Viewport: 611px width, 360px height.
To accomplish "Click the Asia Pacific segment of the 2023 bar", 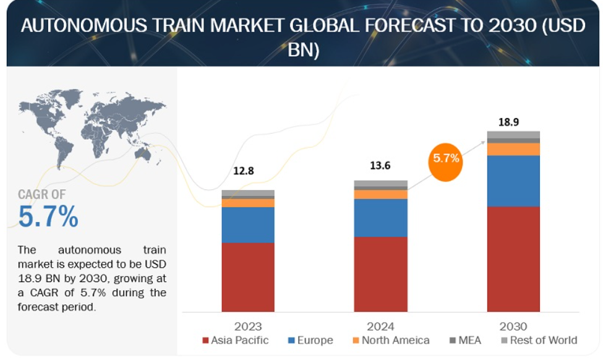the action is point(248,277).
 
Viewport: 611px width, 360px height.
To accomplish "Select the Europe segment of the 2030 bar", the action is point(513,181).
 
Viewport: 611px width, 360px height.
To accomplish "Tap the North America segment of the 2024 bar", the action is point(380,194).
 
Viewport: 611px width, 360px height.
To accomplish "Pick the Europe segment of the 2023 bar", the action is point(248,225).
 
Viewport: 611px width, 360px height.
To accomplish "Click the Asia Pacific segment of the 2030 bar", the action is point(513,259).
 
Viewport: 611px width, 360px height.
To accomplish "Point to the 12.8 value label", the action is point(244,171).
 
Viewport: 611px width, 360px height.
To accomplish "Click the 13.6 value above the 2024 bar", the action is point(380,166).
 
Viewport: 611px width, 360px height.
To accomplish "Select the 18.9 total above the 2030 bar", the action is point(508,122).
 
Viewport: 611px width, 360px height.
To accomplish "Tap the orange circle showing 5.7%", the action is point(445,162).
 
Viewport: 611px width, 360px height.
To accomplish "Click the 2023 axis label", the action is point(248,326).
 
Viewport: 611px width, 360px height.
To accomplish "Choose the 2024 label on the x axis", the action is point(380,326).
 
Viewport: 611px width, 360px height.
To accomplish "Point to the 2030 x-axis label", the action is point(513,326).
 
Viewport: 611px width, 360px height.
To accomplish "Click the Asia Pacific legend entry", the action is point(236,340).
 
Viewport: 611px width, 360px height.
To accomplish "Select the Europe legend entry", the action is point(310,340).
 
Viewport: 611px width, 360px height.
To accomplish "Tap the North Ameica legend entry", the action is point(391,340).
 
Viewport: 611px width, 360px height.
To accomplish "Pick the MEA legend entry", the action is point(465,340).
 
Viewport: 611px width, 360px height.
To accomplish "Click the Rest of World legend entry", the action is point(539,340).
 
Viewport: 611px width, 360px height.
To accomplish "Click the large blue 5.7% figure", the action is point(48,216).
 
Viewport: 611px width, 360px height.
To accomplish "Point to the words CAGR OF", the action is point(41,194).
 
